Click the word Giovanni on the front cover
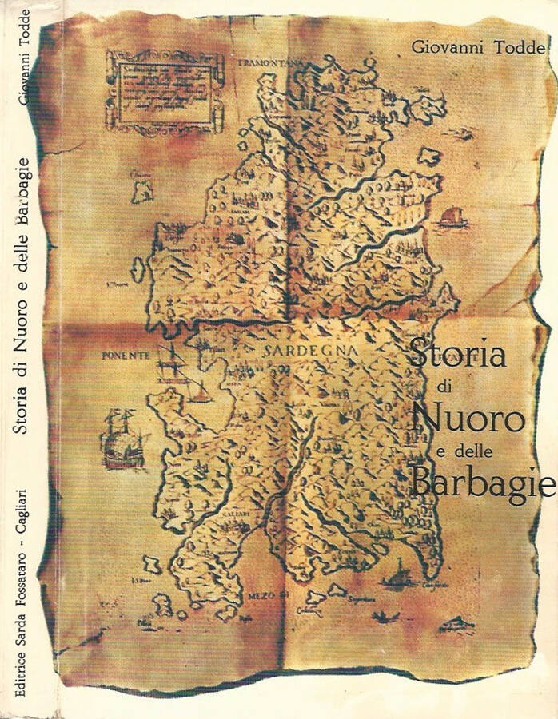[x=448, y=47]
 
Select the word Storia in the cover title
[x=457, y=354]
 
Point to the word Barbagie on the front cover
[x=482, y=481]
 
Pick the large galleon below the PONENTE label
[x=122, y=439]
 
